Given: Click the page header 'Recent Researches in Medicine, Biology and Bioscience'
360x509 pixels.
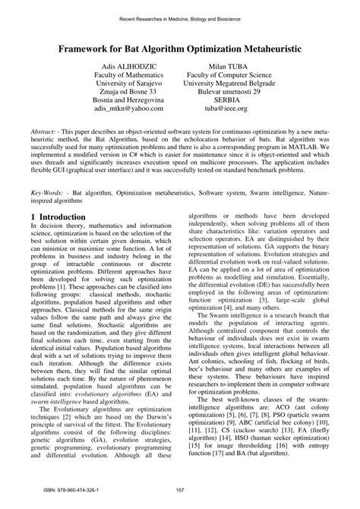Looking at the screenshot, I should point(179,16).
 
